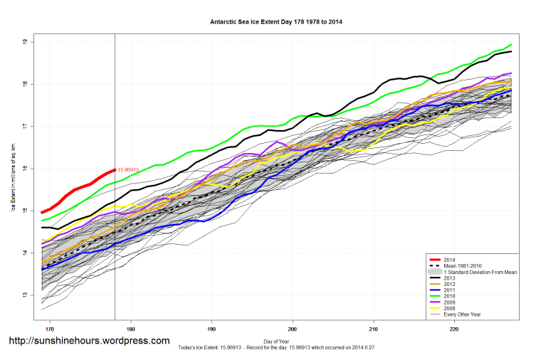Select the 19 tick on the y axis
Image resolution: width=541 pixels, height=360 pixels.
pyautogui.click(x=25, y=43)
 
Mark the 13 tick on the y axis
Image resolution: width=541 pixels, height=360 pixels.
pyautogui.click(x=25, y=295)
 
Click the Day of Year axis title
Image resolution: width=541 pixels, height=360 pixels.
pyautogui.click(x=277, y=341)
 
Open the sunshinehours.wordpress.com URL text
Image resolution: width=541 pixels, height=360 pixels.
pyautogui.click(x=89, y=341)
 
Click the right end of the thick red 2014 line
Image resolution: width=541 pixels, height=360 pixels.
pyautogui.click(x=115, y=170)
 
